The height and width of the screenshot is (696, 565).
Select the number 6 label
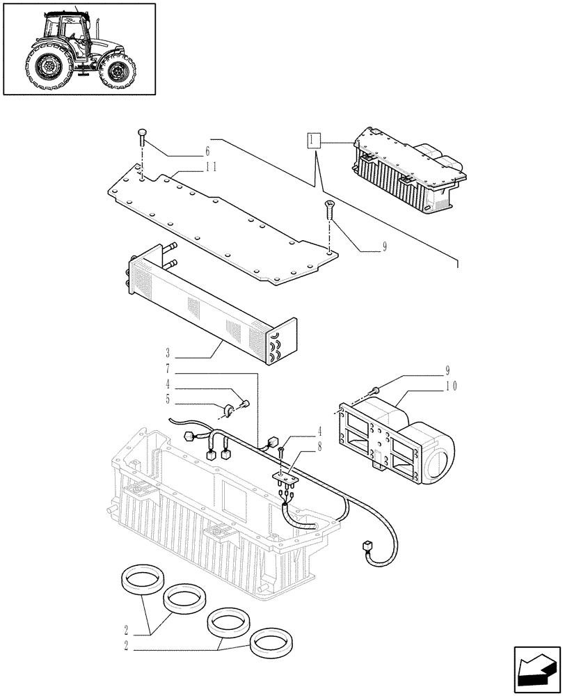click(207, 152)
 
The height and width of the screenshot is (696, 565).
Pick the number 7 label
click(168, 367)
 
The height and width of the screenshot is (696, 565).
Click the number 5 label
click(168, 400)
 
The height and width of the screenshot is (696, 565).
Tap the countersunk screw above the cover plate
click(328, 206)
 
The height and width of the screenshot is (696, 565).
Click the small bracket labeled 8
click(286, 478)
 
